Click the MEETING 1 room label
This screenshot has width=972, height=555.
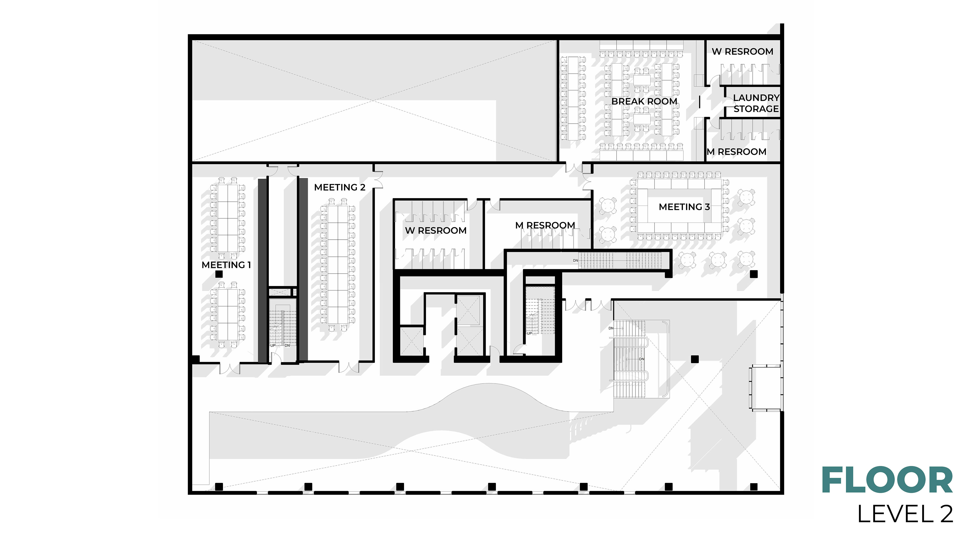click(226, 265)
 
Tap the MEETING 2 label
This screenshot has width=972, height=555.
click(339, 188)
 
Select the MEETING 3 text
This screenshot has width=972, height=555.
click(684, 207)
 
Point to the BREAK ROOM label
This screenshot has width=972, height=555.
click(644, 101)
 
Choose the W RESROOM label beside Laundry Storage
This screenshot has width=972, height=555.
click(742, 52)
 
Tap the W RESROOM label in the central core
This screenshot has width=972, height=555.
click(436, 231)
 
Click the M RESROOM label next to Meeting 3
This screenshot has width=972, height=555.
click(545, 226)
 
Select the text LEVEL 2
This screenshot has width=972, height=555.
click(905, 514)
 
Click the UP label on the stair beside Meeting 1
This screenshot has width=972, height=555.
click(273, 345)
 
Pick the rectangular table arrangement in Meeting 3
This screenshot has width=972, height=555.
click(679, 206)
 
